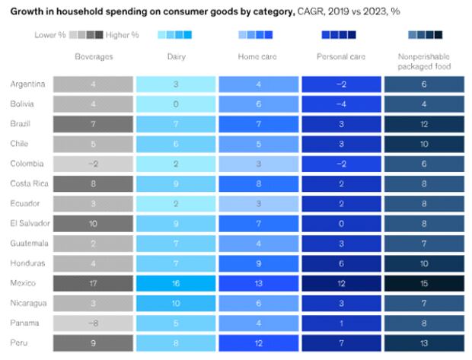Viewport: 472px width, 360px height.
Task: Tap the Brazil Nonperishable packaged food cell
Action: pyautogui.click(x=425, y=124)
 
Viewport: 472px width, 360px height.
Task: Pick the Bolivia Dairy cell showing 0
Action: pyautogui.click(x=177, y=104)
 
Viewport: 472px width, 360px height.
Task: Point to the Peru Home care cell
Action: pyautogui.click(x=260, y=342)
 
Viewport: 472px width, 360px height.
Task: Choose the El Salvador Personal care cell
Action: pyautogui.click(x=342, y=223)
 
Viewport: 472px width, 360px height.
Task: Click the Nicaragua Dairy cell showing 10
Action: pyautogui.click(x=177, y=302)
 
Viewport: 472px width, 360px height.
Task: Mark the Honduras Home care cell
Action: pyautogui.click(x=260, y=263)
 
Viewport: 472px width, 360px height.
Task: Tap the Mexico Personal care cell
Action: pyautogui.click(x=342, y=282)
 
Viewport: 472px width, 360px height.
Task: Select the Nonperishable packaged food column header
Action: pyautogui.click(x=425, y=62)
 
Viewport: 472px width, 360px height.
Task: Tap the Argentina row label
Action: pyautogui.click(x=27, y=84)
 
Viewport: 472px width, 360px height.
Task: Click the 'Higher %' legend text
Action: pyautogui.click(x=123, y=35)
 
